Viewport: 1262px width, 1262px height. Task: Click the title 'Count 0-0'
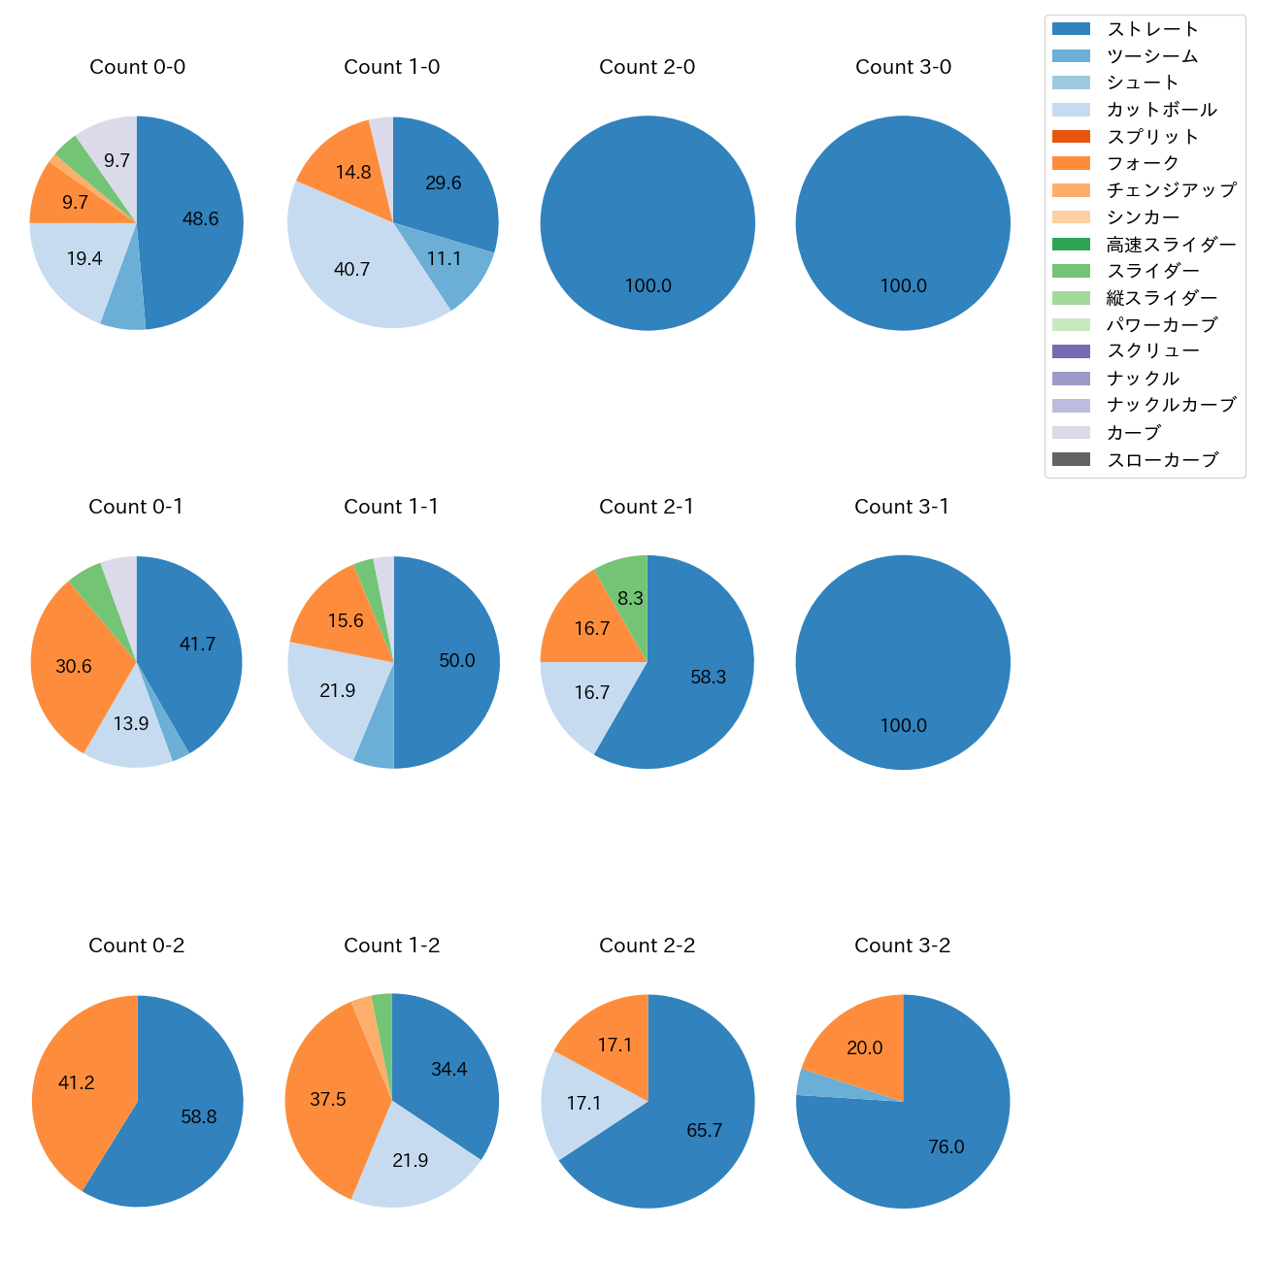click(137, 67)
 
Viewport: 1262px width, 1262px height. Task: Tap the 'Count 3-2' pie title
click(902, 946)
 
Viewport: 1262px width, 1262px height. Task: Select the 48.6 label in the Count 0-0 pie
click(200, 219)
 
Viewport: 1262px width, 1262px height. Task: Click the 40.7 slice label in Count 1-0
click(351, 270)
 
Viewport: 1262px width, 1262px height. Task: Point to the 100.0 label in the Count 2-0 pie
click(648, 286)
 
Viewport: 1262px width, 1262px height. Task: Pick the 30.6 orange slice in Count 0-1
click(74, 667)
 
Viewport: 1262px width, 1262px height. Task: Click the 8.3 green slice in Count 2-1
click(630, 599)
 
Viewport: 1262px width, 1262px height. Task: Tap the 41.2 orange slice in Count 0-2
click(76, 1083)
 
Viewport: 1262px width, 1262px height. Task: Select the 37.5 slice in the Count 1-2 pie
click(328, 1100)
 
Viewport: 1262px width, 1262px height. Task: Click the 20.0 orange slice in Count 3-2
click(864, 1048)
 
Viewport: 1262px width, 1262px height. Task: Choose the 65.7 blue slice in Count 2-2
click(704, 1131)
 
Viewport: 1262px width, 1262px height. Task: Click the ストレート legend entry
click(1152, 29)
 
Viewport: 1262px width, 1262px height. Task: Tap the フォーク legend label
click(1143, 163)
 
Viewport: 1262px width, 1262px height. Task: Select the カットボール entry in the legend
click(1161, 110)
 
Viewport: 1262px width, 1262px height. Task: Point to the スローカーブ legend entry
click(1162, 460)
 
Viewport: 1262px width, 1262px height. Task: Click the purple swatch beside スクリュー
click(1071, 351)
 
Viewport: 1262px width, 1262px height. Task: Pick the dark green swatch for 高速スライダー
click(1071, 245)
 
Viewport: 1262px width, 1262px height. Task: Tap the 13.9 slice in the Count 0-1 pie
click(131, 724)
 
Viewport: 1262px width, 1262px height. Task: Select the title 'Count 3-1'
click(902, 507)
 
